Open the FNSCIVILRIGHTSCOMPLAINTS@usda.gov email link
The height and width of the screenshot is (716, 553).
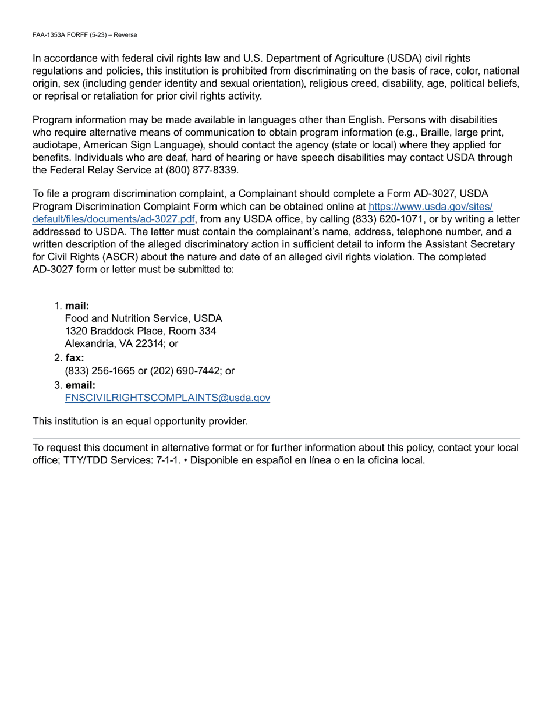168,398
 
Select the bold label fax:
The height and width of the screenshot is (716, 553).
75,358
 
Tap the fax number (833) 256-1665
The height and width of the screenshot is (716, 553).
100,371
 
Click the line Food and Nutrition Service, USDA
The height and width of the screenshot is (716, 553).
143,319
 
